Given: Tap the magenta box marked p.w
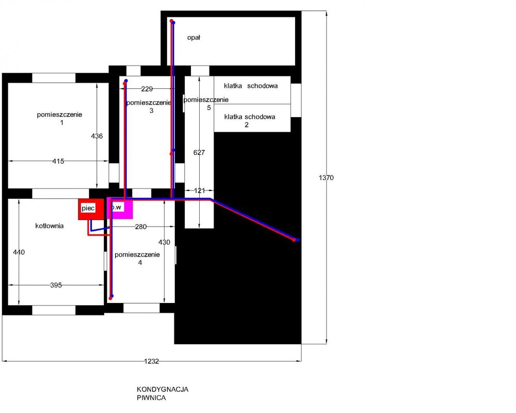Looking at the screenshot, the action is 120,208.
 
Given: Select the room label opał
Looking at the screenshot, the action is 194,38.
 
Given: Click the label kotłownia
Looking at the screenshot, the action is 50,226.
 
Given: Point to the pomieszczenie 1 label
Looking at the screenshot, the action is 59,119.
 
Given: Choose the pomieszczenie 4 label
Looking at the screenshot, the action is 137,259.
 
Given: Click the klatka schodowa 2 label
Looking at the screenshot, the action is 250,120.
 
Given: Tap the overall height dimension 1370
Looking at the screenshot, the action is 326,178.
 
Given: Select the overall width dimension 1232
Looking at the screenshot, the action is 151,361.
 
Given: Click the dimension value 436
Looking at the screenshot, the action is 97,136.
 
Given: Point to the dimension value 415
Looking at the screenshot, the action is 58,162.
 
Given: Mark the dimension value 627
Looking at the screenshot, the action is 199,152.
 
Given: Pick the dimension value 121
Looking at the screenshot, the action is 199,190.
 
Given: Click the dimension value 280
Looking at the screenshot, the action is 141,227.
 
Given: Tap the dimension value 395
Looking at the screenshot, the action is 56,285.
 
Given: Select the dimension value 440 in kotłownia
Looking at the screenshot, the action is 19,252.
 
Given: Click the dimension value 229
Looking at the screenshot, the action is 147,89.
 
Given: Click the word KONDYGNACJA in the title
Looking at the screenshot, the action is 163,389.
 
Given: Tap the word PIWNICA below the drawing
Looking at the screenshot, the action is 151,398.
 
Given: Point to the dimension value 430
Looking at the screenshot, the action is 164,243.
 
